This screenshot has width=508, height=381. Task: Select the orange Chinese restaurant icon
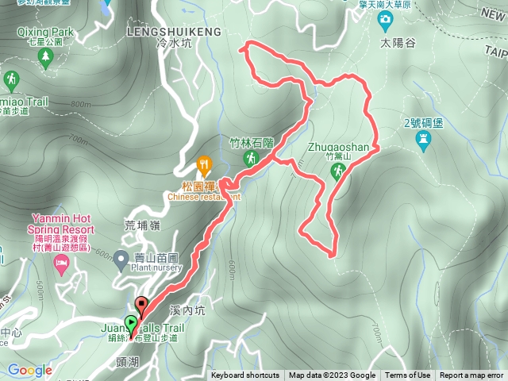[205, 165]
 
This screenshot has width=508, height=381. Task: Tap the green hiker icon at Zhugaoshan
[337, 174]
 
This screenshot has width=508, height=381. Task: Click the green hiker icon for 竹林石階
[251, 159]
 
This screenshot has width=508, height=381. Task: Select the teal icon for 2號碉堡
[423, 140]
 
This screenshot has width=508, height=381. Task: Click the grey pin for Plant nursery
[121, 258]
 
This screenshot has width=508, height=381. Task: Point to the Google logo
[29, 370]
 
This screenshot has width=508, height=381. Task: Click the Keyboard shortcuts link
[244, 375]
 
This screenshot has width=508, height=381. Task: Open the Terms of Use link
[408, 375]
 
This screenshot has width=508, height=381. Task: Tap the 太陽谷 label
[398, 44]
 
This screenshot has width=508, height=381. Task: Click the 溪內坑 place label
[190, 310]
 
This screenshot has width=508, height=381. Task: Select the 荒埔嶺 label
[144, 225]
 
